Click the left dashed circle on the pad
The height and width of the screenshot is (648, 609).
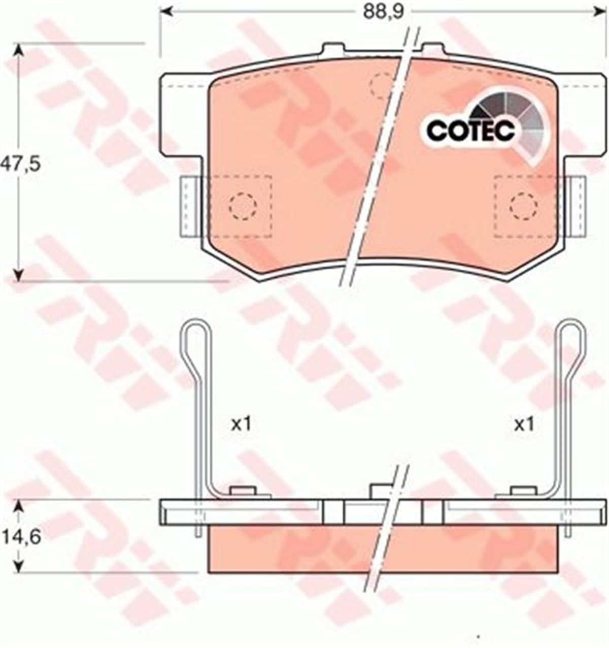click(243, 206)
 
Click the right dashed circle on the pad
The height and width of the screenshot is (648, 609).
click(524, 206)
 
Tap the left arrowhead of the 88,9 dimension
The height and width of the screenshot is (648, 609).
click(167, 12)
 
